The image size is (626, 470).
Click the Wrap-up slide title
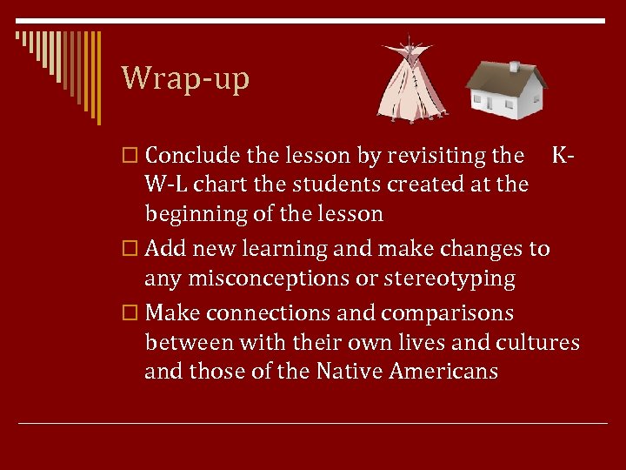[x=185, y=78]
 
